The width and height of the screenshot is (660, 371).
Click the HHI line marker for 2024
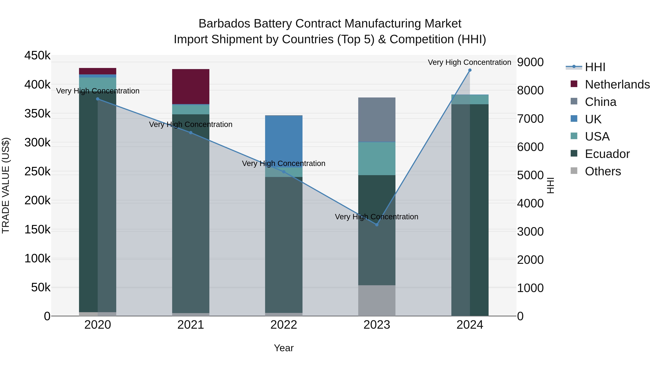coord(470,70)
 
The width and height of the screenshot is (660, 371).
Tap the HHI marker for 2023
coord(377,225)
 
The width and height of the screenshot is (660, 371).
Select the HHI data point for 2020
coord(98,99)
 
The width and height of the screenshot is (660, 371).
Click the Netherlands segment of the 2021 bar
coord(191,86)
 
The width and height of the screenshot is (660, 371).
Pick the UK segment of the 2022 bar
coord(284,141)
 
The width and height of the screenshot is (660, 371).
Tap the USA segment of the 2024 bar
coord(470,100)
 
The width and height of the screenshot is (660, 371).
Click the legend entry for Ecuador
coord(607,154)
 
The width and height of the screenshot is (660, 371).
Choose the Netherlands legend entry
coord(617,84)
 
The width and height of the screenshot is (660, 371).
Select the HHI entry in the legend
coord(595,67)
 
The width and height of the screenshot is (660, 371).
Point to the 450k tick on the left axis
coord(37,56)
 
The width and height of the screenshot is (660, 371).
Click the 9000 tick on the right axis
coord(530,62)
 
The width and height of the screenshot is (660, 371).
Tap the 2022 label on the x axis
coord(284,325)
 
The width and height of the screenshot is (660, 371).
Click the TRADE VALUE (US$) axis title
coord(6,185)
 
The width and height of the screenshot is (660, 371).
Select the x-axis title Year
coord(284,348)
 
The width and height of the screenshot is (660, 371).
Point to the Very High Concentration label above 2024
coord(469,62)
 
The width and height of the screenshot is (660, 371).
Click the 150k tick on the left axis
coord(37,229)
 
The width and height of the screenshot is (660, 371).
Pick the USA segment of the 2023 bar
coord(377,158)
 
